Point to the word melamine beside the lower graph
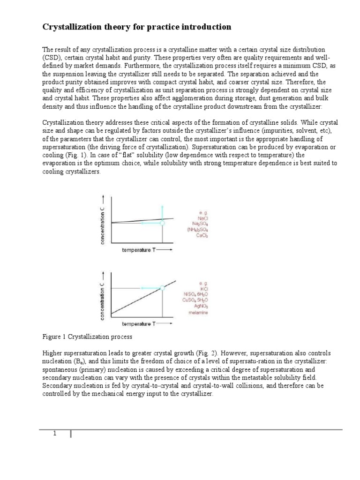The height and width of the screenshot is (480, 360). coord(198,313)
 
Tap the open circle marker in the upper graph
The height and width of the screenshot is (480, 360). coord(162,224)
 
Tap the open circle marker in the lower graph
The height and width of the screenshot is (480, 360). coord(162,288)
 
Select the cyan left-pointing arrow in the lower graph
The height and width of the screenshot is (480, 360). coord(150,288)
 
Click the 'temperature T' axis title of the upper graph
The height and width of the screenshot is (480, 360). coord(139,250)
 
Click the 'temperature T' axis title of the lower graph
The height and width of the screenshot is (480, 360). coord(139,324)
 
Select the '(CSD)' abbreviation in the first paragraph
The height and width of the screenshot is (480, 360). coord(52,57)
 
